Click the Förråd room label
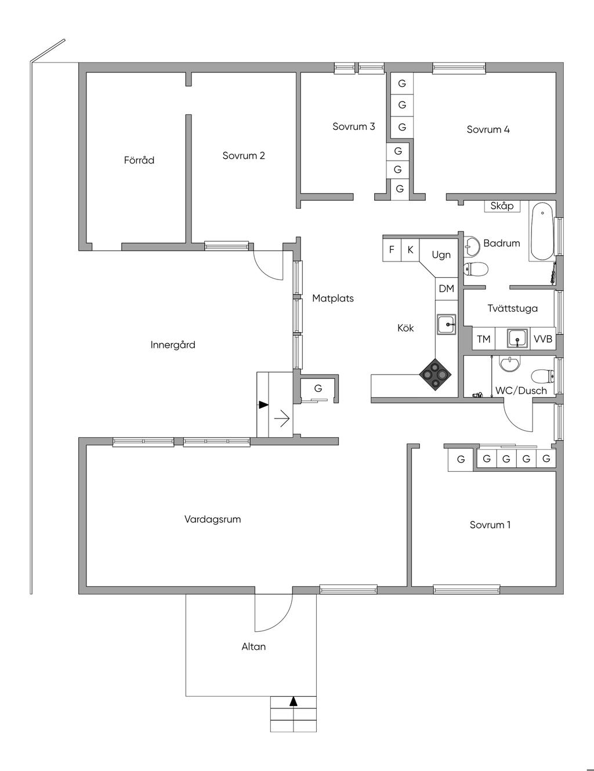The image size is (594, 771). [139, 160]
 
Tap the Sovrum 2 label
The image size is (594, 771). [244, 155]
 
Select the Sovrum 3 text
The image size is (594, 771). [354, 126]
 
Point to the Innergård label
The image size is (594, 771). [173, 344]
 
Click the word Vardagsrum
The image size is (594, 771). [213, 519]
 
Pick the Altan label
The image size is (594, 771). [253, 646]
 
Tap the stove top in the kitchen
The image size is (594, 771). [435, 374]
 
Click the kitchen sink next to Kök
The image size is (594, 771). [447, 323]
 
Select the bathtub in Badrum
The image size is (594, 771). [542, 231]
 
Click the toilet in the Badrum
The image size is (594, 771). [476, 269]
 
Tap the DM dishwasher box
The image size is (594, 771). [447, 289]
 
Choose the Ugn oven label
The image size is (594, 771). [441, 254]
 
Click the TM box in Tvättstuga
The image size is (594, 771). [484, 339]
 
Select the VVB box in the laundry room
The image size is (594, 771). [543, 339]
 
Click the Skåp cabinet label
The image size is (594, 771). [502, 206]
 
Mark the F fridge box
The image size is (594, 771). [392, 250]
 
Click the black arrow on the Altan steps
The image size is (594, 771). [293, 701]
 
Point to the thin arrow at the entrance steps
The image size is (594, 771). [282, 419]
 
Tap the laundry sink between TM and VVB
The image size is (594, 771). [517, 338]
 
